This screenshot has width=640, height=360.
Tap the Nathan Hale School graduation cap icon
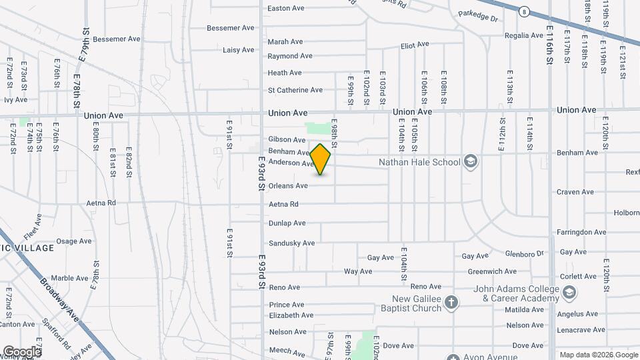pos(471,162)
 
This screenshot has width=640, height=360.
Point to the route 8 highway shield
pos(525,11)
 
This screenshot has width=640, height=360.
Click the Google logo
pos(21,351)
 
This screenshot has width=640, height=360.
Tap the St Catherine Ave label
pos(295,90)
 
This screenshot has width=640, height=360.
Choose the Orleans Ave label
pos(288,186)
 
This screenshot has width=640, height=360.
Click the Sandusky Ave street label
pos(291,243)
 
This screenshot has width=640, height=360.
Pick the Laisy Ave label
pos(239,50)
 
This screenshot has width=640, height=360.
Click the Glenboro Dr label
pos(525,253)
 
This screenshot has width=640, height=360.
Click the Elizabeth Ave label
pos(291,315)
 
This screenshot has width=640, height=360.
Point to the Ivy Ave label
pos(16,100)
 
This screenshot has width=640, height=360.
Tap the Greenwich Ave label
pos(492,271)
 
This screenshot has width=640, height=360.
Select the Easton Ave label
pos(285,8)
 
